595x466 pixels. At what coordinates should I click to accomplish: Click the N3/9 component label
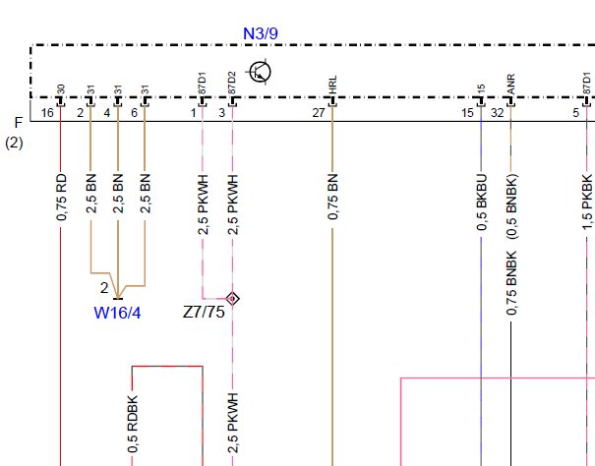(261, 33)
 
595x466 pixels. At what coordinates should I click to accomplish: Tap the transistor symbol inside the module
(261, 72)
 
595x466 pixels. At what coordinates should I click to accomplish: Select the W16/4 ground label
(117, 313)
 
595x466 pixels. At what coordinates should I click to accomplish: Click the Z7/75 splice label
(204, 313)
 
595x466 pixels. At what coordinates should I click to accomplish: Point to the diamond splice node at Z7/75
(233, 299)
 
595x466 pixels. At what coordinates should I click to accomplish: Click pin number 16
(47, 113)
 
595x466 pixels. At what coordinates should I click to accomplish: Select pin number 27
(319, 113)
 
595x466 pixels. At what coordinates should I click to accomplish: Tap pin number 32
(497, 113)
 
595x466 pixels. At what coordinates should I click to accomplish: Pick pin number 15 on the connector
(467, 113)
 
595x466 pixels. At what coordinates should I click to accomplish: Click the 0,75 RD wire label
(61, 198)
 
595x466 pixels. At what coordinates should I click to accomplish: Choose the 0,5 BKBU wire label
(482, 203)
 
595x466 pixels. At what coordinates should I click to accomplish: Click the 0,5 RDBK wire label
(133, 425)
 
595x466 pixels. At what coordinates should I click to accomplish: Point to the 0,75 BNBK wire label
(511, 283)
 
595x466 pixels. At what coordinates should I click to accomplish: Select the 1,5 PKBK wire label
(587, 203)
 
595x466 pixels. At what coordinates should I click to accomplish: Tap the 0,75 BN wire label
(332, 197)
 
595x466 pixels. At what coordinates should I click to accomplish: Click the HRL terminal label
(332, 85)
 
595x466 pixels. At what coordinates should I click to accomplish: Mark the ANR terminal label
(510, 85)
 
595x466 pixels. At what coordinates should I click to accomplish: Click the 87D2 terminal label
(232, 83)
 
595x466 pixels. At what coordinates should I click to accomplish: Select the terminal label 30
(61, 89)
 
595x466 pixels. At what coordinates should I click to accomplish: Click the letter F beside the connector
(19, 123)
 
